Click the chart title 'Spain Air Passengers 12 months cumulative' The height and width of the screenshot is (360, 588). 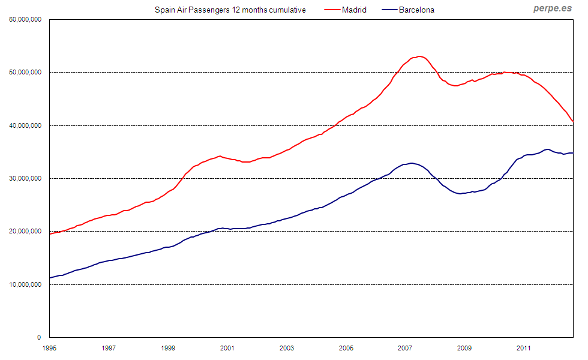[230, 10]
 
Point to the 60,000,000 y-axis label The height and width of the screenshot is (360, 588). [25, 19]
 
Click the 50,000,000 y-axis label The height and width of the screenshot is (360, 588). [25, 73]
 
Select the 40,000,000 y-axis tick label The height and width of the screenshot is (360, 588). [25, 125]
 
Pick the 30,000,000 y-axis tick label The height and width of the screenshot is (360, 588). [25, 178]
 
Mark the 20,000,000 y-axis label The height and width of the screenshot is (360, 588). [25, 232]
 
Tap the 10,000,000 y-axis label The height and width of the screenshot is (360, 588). [25, 284]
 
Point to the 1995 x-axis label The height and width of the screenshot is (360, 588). [49, 347]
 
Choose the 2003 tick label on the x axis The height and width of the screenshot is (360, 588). [287, 347]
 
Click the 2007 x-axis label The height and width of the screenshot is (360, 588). [405, 347]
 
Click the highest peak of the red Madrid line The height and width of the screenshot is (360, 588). [419, 56]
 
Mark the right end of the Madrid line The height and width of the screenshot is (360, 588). [572, 121]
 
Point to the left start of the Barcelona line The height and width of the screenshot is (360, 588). [50, 278]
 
